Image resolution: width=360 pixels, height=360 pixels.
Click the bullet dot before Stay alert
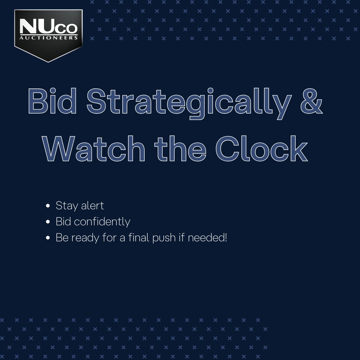coord(48,206)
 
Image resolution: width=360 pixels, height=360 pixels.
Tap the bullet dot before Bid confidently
coord(48,222)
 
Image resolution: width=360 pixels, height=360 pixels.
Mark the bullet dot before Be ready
coord(48,238)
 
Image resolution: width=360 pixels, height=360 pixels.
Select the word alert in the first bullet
coord(92,205)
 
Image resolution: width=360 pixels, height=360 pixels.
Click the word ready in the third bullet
coord(86,238)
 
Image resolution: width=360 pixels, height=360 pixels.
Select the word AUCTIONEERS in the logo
coord(49,38)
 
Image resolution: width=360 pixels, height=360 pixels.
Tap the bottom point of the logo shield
coord(48,61)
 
